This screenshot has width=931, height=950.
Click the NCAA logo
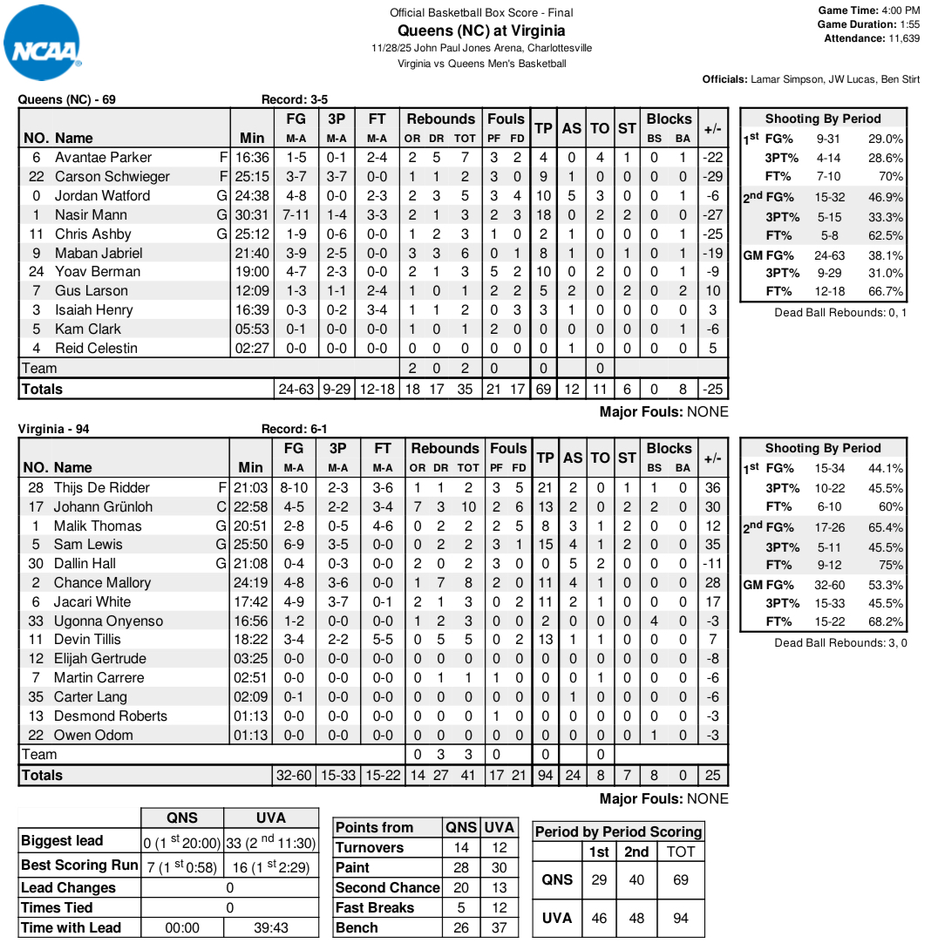pos(44,44)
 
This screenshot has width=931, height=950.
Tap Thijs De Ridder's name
pos(102,487)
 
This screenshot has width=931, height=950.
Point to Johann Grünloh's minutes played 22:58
pos(251,506)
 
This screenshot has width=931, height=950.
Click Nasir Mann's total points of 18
pos(543,214)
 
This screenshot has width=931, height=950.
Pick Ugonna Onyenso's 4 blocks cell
pos(654,621)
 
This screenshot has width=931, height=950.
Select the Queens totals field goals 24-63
pos(296,389)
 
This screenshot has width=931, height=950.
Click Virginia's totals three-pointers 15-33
pos(337,775)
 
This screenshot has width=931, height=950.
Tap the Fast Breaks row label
pos(375,907)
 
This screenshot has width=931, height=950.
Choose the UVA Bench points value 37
pos(499,927)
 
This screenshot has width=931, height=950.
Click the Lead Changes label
pos(68,887)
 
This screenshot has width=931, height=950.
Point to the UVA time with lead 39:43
pos(270,927)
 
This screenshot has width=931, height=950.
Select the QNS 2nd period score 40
pos(636,879)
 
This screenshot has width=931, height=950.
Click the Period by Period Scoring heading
pos(618,831)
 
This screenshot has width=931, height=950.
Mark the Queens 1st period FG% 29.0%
pos(885,139)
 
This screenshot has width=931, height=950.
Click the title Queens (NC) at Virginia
pos(481,31)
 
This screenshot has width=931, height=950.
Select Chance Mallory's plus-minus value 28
pos(713,582)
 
